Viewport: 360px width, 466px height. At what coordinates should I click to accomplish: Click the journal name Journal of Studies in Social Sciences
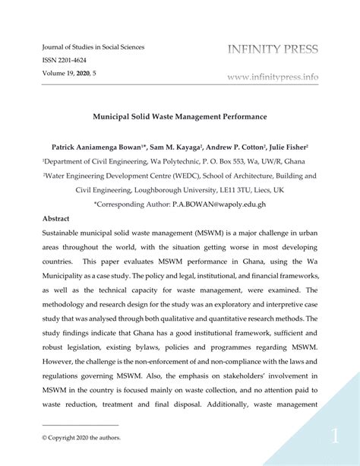[x=92, y=47]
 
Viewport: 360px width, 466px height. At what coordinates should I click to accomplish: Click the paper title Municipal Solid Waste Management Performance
[x=179, y=120]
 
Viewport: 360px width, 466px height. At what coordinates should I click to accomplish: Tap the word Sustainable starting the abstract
[x=67, y=233]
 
